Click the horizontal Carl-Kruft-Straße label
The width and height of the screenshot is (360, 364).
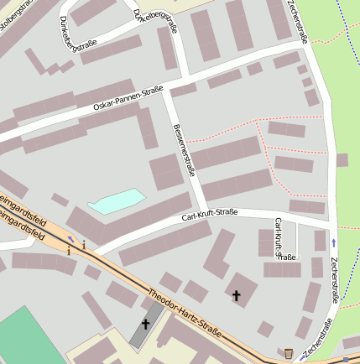[210, 216]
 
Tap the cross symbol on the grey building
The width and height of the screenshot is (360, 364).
[145, 324]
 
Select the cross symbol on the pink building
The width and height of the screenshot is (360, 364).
[236, 295]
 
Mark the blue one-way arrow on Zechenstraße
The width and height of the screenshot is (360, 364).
[334, 242]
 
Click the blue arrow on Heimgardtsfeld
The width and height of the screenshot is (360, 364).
[70, 239]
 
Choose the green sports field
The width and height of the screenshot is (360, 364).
[25, 335]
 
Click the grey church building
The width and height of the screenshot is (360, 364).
[149, 329]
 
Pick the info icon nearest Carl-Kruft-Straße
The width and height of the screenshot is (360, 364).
[84, 245]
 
